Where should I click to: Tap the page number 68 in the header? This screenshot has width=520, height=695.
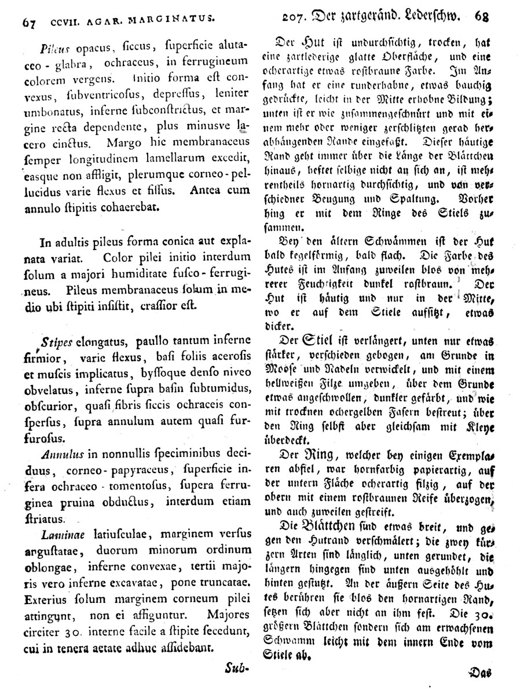tap(482, 16)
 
